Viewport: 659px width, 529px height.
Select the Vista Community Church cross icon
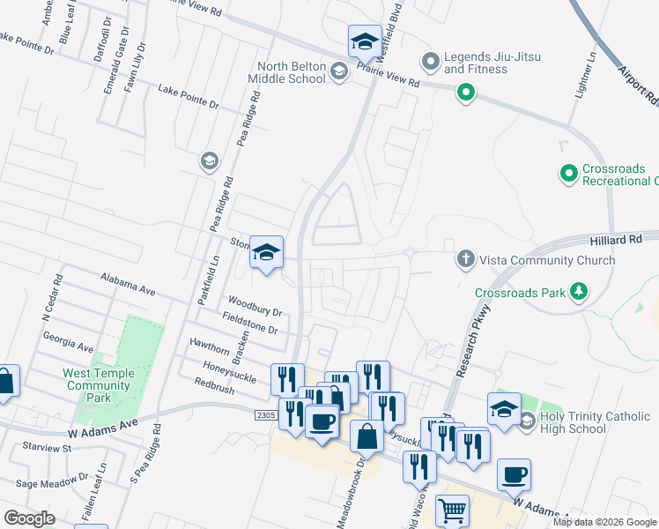466,259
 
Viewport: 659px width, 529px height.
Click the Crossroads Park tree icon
578,292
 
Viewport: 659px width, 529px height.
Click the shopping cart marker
452,510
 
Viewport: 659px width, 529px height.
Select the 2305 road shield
267,414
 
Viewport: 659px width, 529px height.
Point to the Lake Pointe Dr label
188,97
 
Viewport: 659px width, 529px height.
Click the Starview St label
47,449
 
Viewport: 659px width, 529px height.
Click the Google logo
29,518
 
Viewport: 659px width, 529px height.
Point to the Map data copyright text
604,522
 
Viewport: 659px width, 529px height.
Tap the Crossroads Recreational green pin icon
568,174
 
